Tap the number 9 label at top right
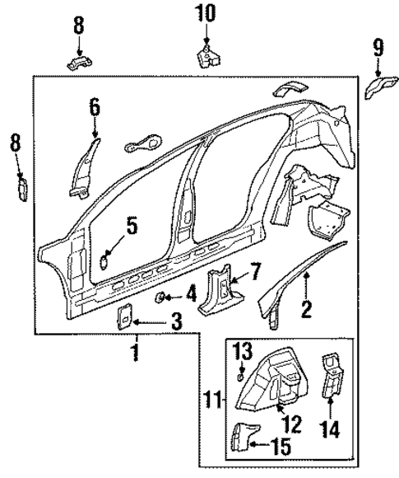(378, 47)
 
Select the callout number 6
(95, 106)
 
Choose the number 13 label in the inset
(240, 353)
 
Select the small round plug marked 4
(163, 296)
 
